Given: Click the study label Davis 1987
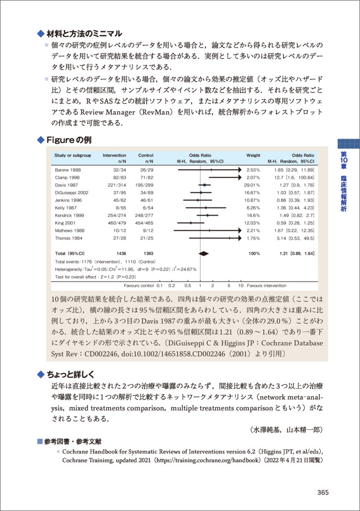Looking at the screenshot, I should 65,184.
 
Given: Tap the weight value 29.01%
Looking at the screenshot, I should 253,184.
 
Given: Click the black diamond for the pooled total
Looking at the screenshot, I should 203,253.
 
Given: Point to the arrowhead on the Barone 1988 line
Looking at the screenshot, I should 238,169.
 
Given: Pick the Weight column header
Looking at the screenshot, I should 253,155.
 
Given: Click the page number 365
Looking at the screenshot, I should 323,492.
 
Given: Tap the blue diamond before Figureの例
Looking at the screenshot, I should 41,140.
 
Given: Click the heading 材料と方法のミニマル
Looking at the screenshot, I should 84,34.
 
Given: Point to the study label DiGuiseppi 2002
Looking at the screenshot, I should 71,192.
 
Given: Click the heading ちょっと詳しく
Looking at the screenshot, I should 75,374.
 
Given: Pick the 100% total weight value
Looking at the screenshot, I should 254,253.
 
